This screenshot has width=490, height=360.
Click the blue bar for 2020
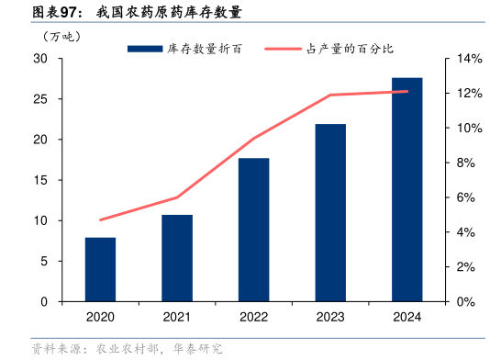click(x=100, y=269)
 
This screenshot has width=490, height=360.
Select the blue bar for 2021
click(x=177, y=258)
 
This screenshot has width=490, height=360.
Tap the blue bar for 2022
click(x=253, y=230)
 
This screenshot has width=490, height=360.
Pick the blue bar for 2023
click(x=330, y=212)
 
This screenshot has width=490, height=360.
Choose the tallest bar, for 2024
click(x=407, y=189)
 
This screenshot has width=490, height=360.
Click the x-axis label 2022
click(x=253, y=317)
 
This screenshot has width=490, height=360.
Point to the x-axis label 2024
click(x=407, y=317)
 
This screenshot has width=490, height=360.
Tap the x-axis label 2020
click(x=100, y=317)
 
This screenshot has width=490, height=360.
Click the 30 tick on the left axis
click(x=40, y=59)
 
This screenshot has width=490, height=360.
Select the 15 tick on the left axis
click(x=40, y=180)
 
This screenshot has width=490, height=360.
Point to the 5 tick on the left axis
click(x=43, y=261)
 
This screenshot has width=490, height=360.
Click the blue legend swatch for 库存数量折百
click(x=146, y=48)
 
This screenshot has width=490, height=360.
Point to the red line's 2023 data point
click(x=330, y=95)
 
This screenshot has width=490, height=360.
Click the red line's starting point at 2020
click(x=100, y=219)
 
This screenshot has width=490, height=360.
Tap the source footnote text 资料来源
click(x=54, y=349)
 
